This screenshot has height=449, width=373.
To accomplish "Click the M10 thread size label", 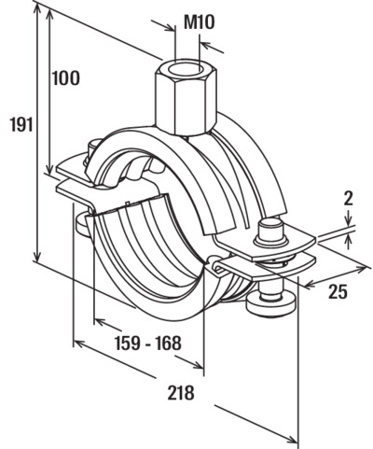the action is pyautogui.click(x=199, y=22).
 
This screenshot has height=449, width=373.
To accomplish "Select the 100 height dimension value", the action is pyautogui.click(x=65, y=78).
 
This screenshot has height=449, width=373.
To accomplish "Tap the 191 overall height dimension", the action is pyautogui.click(x=21, y=124).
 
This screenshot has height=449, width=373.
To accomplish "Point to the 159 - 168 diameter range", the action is pyautogui.click(x=148, y=344).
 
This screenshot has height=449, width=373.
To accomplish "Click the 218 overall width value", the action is pyautogui.click(x=181, y=392).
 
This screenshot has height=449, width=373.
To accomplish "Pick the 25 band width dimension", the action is pyautogui.click(x=338, y=292).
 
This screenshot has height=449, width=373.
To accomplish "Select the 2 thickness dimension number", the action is pyautogui.click(x=349, y=199).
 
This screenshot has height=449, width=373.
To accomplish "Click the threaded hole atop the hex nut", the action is pyautogui.click(x=187, y=68).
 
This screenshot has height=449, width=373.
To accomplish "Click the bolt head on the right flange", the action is pyautogui.click(x=269, y=232).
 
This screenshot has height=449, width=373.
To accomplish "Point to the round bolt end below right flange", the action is pyautogui.click(x=270, y=302).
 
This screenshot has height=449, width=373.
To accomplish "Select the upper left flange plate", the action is pyautogui.click(x=76, y=169).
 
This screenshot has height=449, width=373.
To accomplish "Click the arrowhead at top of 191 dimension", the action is pyautogui.click(x=37, y=10).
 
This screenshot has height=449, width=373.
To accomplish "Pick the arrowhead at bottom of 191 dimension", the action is pyautogui.click(x=37, y=256).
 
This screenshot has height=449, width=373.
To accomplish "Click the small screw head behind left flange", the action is pyautogui.click(x=92, y=148).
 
